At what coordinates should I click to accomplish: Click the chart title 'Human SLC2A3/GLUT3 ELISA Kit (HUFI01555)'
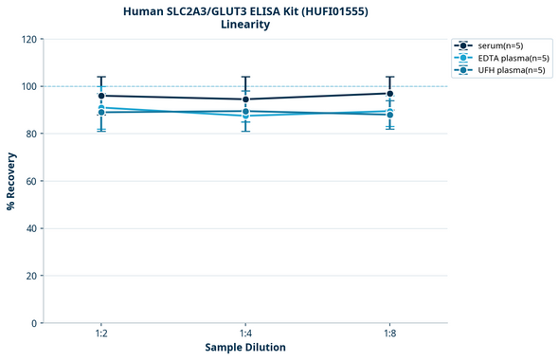pos(245,10)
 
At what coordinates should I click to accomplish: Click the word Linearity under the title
pos(245,25)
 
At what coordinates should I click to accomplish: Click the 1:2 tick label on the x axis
pos(100,334)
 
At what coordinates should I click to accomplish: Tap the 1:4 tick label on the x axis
pos(245,334)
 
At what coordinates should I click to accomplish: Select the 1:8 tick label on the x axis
pos(390,334)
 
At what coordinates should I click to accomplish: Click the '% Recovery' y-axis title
pos(11,181)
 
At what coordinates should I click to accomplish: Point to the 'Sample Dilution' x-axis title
pos(245,348)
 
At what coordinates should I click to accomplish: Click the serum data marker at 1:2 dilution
pos(100,96)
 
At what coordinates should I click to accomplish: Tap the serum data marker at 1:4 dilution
pos(245,99)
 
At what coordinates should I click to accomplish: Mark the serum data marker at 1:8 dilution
pos(390,93)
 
